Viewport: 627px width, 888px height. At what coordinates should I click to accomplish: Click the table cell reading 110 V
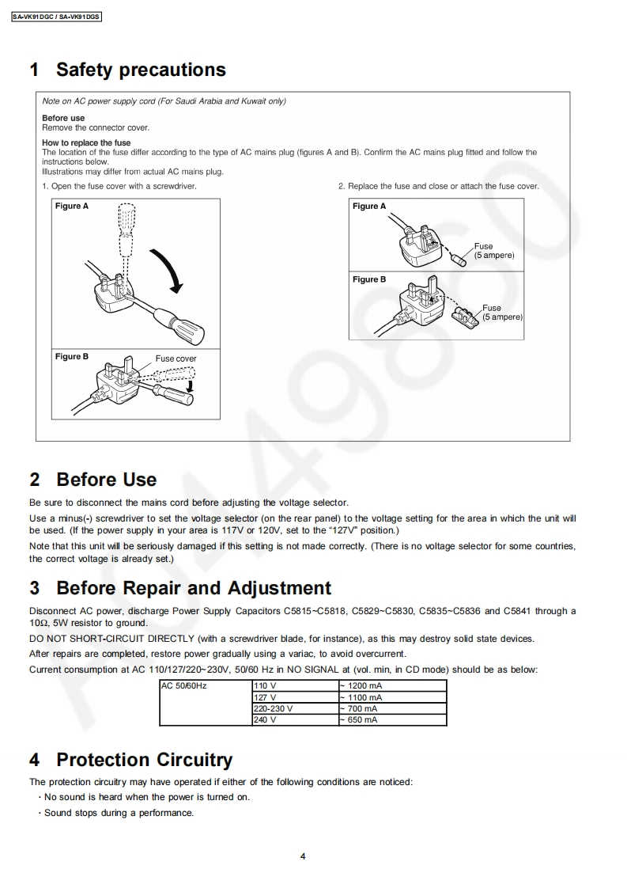click(265, 685)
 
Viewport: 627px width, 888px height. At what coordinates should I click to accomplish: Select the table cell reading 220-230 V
click(273, 708)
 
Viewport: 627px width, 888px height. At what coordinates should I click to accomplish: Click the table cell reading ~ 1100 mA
click(363, 697)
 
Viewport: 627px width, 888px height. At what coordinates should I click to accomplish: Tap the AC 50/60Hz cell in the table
click(183, 685)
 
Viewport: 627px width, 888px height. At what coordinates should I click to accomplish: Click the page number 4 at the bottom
click(304, 856)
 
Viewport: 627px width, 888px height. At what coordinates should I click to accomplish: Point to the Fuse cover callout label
click(176, 359)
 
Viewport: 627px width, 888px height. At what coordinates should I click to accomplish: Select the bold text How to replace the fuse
click(86, 143)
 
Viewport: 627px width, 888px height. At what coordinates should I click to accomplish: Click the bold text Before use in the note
click(63, 118)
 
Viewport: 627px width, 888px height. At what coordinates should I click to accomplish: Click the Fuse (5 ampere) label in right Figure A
click(494, 251)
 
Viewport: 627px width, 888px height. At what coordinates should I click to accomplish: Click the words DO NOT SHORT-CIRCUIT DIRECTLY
click(111, 639)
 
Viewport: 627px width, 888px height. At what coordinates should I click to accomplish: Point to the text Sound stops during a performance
click(119, 813)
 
